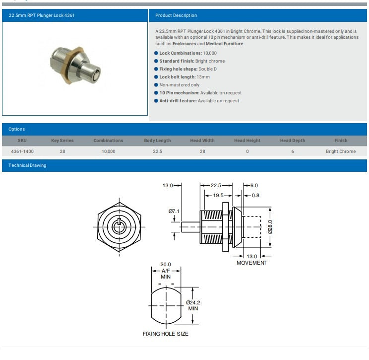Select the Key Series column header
(62, 141)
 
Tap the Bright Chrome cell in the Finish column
(340, 151)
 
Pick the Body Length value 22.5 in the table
(157, 151)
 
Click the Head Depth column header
(293, 141)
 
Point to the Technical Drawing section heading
(27, 165)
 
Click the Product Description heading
(176, 15)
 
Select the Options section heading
(16, 129)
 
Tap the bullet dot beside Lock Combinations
(156, 53)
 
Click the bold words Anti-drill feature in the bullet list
(178, 101)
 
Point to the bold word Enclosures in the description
(184, 44)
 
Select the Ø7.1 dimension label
(174, 212)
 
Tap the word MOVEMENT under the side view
(251, 263)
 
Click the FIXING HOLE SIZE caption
(165, 334)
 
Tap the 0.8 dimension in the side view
(255, 196)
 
